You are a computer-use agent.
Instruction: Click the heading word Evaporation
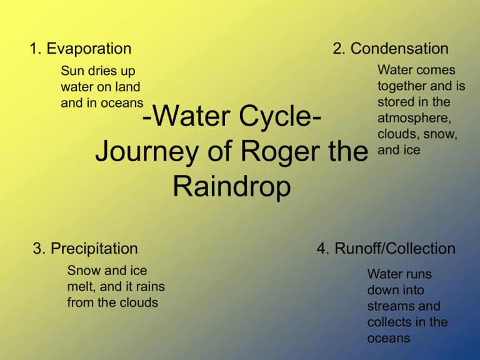click(89, 49)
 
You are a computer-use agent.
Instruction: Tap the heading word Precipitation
click(94, 249)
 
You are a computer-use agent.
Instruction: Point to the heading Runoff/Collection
click(395, 249)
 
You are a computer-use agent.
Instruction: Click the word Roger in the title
click(282, 152)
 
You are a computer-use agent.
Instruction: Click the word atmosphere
click(409, 118)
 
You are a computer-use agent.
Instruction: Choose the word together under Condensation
click(402, 86)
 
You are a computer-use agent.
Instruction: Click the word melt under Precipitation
click(79, 286)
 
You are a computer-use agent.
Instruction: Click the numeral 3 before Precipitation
click(37, 249)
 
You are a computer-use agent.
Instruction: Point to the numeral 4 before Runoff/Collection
click(322, 249)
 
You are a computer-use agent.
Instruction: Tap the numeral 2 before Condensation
click(337, 49)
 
